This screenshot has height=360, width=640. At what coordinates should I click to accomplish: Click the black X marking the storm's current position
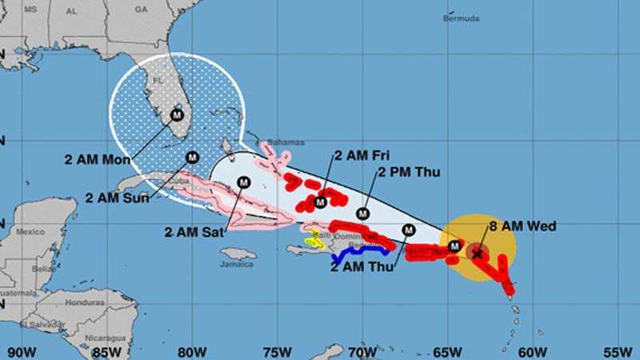(478, 254)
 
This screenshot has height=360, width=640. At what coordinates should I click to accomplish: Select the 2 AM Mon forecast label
(98, 158)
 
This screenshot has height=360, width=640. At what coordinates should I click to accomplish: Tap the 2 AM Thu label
(361, 267)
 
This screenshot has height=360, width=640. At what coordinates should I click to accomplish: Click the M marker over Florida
(178, 114)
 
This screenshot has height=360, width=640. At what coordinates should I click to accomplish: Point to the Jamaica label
(238, 265)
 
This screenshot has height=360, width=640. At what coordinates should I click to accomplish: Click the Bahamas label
(286, 142)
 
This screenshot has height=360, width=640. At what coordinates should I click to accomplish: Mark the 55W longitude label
(618, 350)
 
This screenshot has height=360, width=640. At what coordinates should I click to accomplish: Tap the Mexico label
(31, 232)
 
